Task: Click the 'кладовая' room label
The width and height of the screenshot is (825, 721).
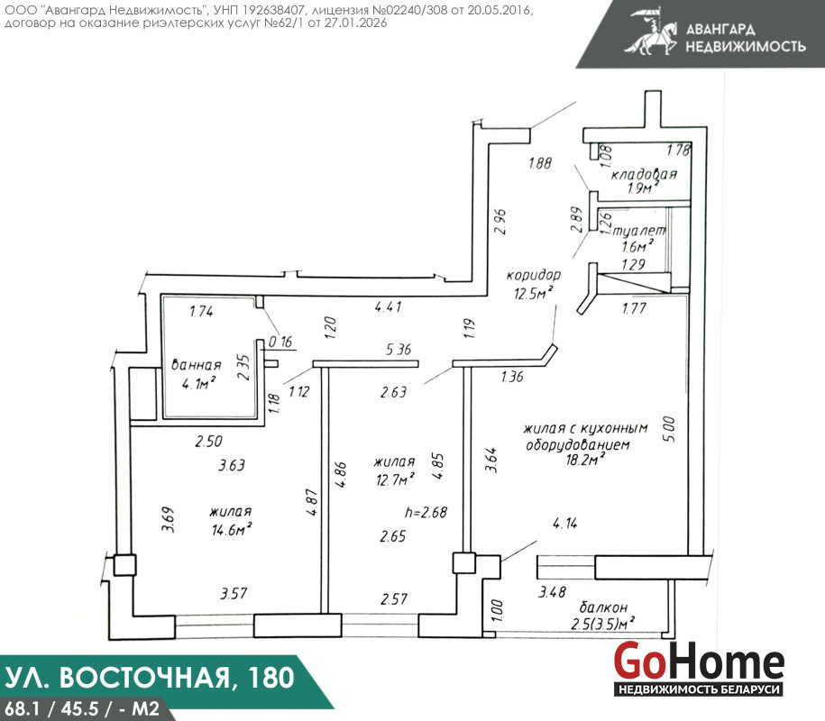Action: pyautogui.click(x=644, y=175)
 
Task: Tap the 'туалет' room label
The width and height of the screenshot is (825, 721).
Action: pyautogui.click(x=639, y=231)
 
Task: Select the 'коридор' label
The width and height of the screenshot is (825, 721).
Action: pyautogui.click(x=534, y=275)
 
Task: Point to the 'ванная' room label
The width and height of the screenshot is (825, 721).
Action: pyautogui.click(x=197, y=365)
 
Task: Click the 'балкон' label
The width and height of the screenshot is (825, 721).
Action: pyautogui.click(x=603, y=607)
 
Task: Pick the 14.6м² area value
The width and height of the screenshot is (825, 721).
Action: pyautogui.click(x=232, y=528)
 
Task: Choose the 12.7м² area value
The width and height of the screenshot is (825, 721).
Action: pyautogui.click(x=395, y=479)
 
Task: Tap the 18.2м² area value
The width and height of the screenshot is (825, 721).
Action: pyautogui.click(x=584, y=460)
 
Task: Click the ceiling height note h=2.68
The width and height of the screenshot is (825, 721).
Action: pyautogui.click(x=426, y=512)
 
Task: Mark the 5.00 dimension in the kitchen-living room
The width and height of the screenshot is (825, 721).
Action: pyautogui.click(x=669, y=429)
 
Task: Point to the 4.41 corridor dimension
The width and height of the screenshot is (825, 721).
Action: pyautogui.click(x=389, y=306)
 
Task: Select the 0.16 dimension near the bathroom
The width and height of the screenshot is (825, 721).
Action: pyautogui.click(x=280, y=342)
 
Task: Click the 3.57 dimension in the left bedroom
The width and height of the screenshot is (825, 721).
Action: pyautogui.click(x=234, y=594)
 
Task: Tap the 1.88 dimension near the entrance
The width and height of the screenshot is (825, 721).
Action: pyautogui.click(x=540, y=163)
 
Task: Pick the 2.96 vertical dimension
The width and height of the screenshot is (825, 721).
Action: pyautogui.click(x=500, y=222)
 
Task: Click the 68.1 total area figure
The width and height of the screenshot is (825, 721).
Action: pyautogui.click(x=21, y=709)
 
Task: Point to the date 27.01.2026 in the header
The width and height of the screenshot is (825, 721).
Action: pyautogui.click(x=355, y=23)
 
